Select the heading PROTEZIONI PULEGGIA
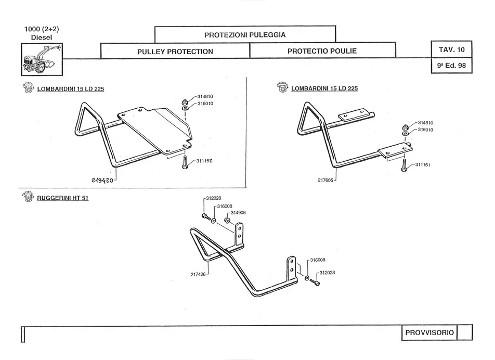coord(245,35)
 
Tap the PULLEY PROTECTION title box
coord(175,52)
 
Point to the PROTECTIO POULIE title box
coord(322,52)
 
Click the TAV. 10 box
coord(451,50)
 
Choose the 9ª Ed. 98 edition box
coord(451,66)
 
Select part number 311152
coord(206,162)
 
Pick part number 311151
coord(425,165)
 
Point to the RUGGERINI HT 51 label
coord(63,198)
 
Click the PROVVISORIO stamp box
coord(428,332)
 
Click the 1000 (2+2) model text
coord(42,29)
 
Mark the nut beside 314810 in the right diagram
coord(406,127)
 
